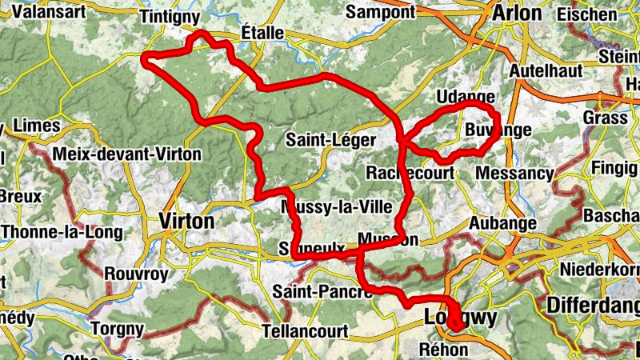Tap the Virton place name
pyautogui.click(x=186, y=221)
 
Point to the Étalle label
pyautogui.click(x=262, y=33)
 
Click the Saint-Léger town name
pyautogui.click(x=330, y=141)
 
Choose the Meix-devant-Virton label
pyautogui.click(x=127, y=153)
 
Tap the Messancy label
pyautogui.click(x=514, y=173)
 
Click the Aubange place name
pyautogui.click(x=502, y=223)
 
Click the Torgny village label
pyautogui.click(x=117, y=329)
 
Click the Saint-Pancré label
pyautogui.click(x=322, y=292)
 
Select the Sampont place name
pyautogui.click(x=381, y=12)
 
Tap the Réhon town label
pyautogui.click(x=442, y=349)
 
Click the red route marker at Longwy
pyautogui.click(x=455, y=322)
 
